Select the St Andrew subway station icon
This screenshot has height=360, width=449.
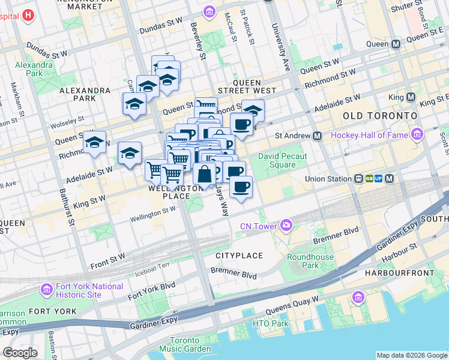(x=317, y=136)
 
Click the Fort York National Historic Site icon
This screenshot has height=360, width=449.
(x=46, y=290)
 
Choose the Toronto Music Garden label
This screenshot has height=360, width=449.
(x=179, y=344)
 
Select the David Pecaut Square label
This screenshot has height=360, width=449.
(x=282, y=160)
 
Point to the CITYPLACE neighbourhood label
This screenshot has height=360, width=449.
(x=239, y=256)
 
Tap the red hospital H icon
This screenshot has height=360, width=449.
(x=28, y=15)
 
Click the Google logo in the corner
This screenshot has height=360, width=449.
(x=20, y=352)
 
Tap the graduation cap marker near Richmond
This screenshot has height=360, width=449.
(x=94, y=143)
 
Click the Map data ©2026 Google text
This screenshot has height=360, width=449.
(x=411, y=355)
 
